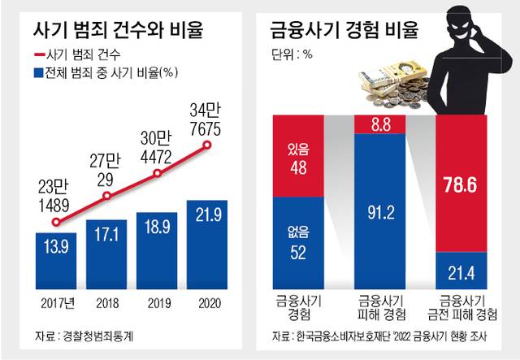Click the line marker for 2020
point(208,145)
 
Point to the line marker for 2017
point(56,220)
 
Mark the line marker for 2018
point(107,196)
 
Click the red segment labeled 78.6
point(465,184)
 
